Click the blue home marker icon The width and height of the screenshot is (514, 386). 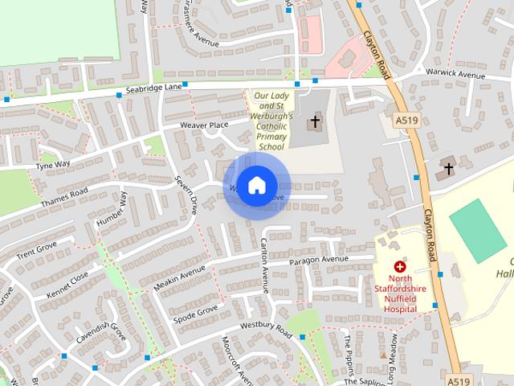[256, 186]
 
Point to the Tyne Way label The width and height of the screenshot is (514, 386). [53, 165]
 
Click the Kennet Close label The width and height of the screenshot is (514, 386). [68, 278]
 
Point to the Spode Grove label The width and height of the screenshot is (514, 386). [196, 310]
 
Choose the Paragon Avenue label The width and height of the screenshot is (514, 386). [320, 260]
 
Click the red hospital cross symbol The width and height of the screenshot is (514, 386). [399, 265]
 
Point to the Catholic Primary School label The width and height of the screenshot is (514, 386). [271, 121]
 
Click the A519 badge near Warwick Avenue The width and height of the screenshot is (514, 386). [406, 120]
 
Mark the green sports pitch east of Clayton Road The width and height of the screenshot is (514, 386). [478, 230]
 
